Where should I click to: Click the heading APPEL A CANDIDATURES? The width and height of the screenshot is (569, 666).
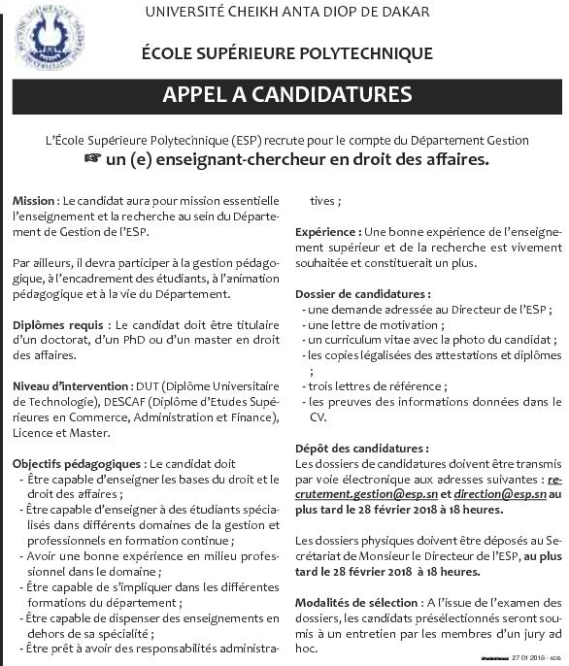[x=286, y=95]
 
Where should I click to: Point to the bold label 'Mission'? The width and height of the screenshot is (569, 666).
[x=35, y=200]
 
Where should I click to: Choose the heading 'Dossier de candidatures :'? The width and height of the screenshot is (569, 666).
[x=362, y=293]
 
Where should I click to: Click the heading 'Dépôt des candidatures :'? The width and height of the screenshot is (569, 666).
[x=360, y=449]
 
